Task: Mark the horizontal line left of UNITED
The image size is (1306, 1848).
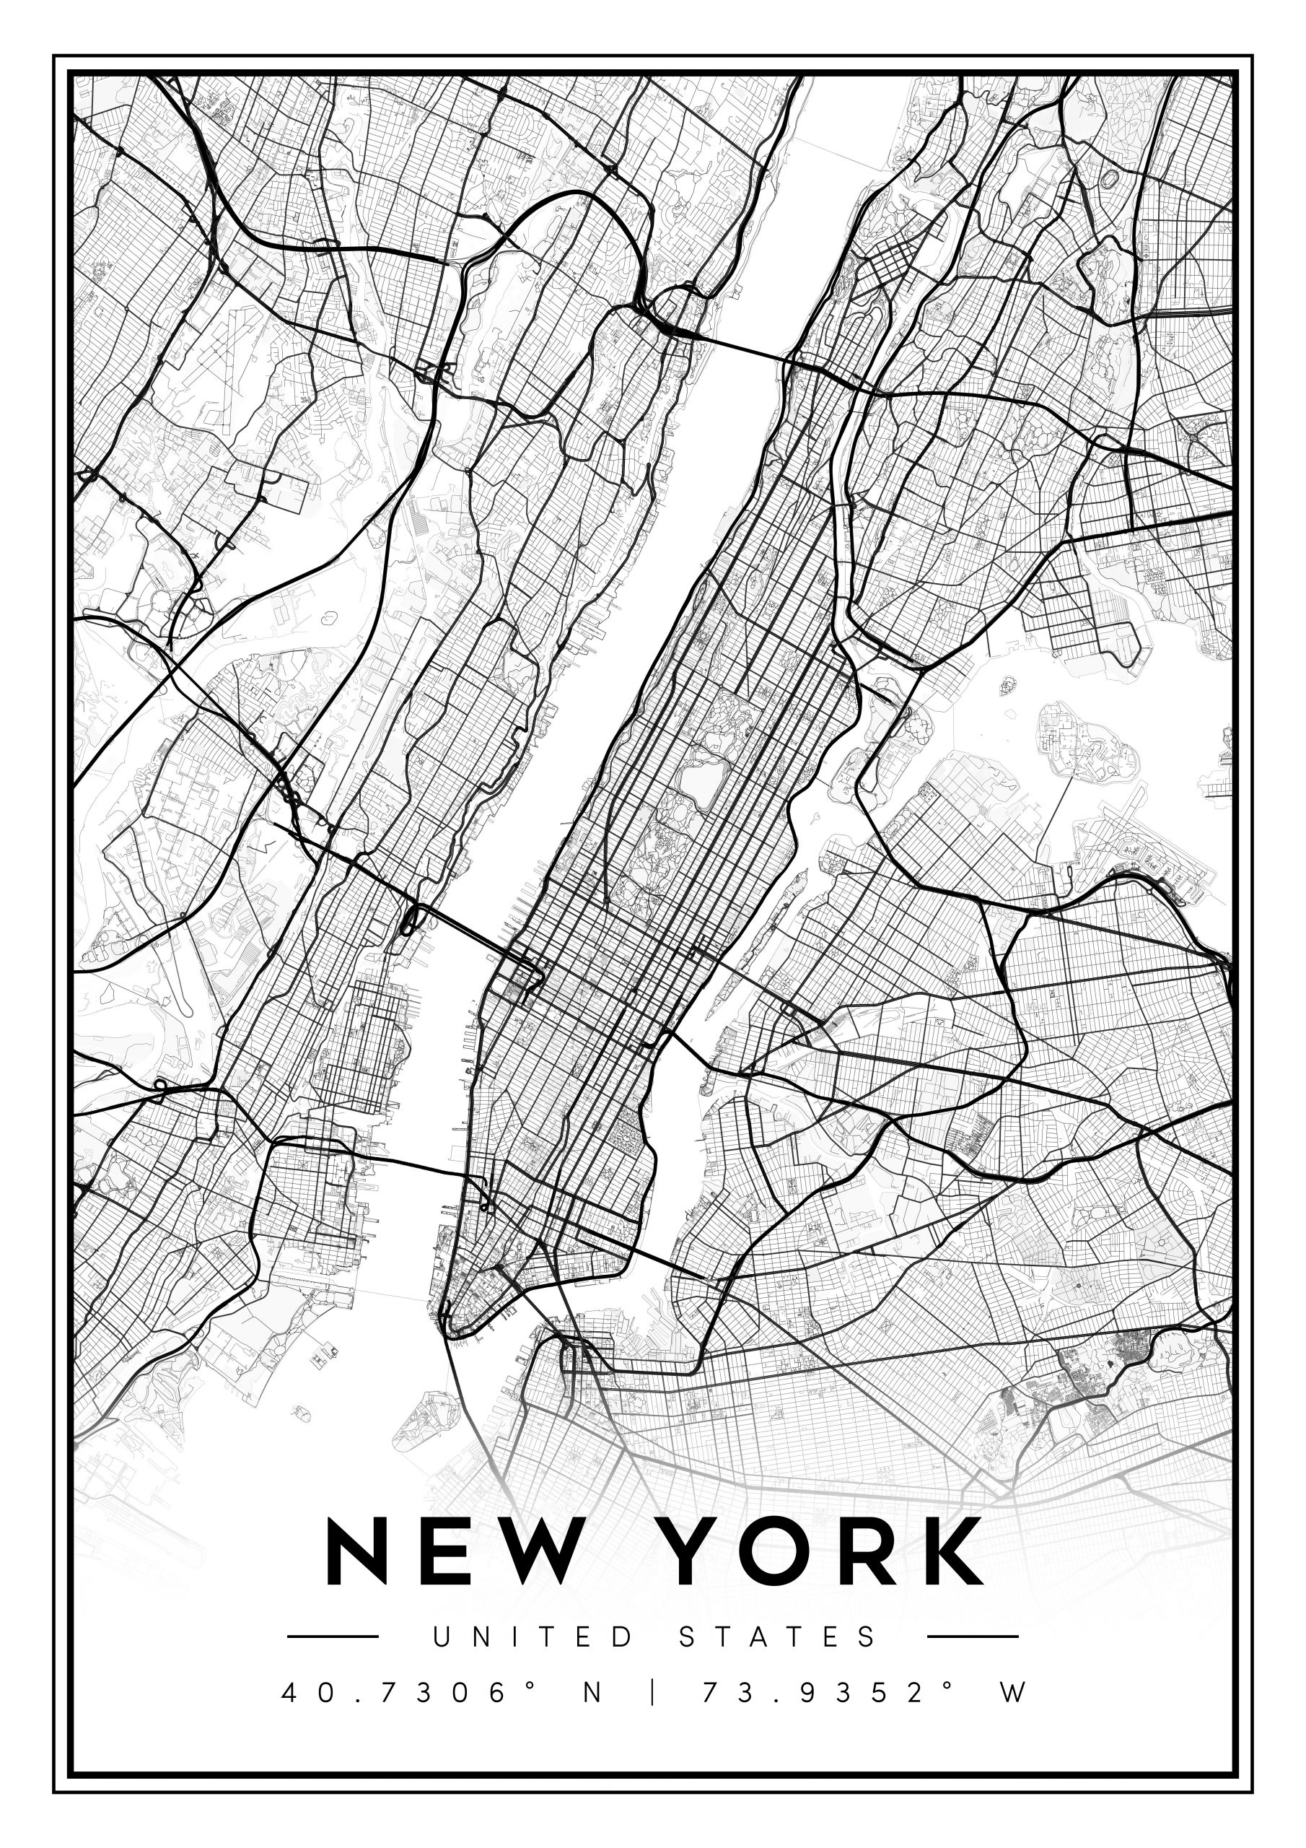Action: tap(333, 1636)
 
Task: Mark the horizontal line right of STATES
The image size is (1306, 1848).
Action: tap(972, 1636)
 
